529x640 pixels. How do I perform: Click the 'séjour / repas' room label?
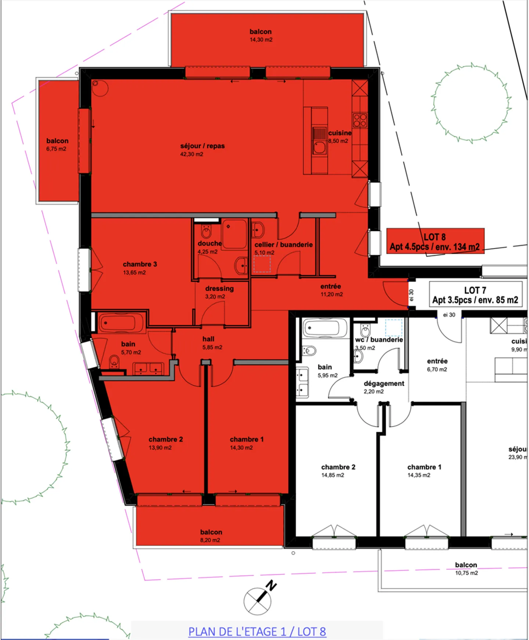(x=202, y=146)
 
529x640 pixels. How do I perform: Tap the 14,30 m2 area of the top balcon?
(x=261, y=40)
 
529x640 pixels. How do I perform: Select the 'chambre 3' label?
(x=140, y=264)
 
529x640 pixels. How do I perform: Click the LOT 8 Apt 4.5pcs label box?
(x=435, y=241)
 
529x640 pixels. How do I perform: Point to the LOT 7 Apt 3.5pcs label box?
(x=475, y=295)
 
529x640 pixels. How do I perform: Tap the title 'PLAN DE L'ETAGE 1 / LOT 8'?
(x=257, y=632)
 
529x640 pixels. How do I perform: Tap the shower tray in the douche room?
(x=234, y=234)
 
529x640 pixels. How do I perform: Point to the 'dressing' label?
(x=219, y=288)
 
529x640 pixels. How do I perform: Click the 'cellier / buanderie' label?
(x=283, y=245)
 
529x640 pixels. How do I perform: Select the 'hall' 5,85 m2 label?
(x=208, y=339)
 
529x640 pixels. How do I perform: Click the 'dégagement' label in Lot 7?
(x=384, y=384)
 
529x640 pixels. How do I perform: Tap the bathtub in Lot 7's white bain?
(x=324, y=327)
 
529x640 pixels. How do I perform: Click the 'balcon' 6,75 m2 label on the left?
(x=57, y=141)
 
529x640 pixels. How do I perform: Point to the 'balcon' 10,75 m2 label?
(x=466, y=565)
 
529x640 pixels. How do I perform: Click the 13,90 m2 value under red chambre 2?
(x=160, y=447)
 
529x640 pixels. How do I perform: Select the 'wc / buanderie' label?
(x=379, y=340)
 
